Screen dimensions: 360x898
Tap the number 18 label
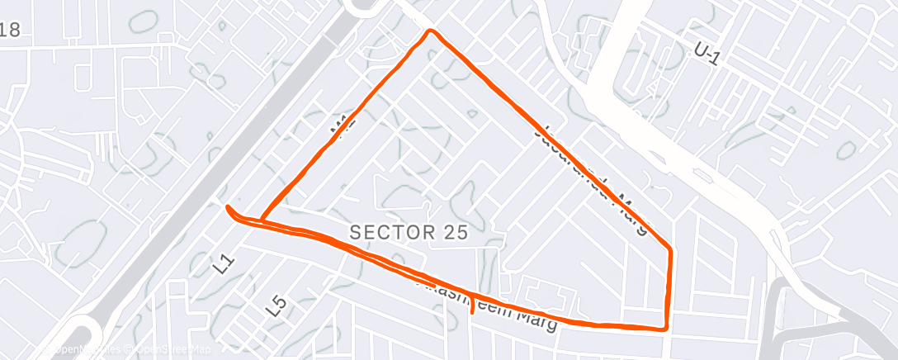[x=10, y=31]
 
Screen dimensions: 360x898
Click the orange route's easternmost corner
[x=669, y=249]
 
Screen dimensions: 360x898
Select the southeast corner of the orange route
[x=665, y=328]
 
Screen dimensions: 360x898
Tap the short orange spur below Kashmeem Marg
[x=471, y=308]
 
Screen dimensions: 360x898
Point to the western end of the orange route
[x=227, y=206]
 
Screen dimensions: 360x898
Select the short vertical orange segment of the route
[x=669, y=289]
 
